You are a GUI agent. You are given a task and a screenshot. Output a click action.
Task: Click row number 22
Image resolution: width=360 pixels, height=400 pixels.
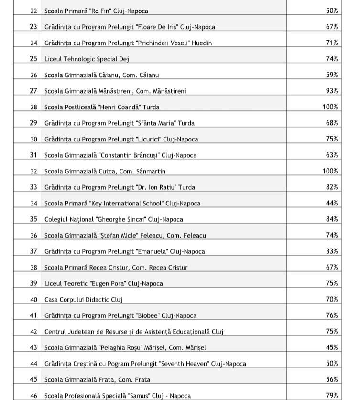click(x=33, y=11)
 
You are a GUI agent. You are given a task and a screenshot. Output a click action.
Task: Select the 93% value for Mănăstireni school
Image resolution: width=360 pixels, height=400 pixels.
click(x=332, y=91)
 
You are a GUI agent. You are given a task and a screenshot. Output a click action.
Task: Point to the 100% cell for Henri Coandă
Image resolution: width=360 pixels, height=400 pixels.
click(x=330, y=107)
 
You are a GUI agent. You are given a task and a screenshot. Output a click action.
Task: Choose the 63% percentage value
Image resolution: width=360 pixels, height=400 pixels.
click(x=332, y=155)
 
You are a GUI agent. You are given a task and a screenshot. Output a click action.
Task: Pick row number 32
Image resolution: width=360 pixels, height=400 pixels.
click(x=33, y=171)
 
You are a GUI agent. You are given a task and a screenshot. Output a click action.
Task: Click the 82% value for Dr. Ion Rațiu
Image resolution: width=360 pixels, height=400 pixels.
click(x=332, y=187)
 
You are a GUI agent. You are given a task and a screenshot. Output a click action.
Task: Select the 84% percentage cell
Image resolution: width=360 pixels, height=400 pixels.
click(x=332, y=219)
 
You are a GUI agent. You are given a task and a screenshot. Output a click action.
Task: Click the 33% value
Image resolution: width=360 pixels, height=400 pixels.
click(x=332, y=251)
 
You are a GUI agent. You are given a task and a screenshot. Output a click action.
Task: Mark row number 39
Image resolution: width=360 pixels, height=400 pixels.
click(x=33, y=283)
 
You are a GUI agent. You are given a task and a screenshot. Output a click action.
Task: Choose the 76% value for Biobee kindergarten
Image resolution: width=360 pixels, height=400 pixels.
click(x=332, y=315)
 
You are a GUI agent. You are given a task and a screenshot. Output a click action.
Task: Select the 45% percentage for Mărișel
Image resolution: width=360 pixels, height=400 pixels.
click(x=332, y=347)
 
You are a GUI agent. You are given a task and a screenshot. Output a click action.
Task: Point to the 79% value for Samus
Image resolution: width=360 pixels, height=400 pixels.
click(x=332, y=395)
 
